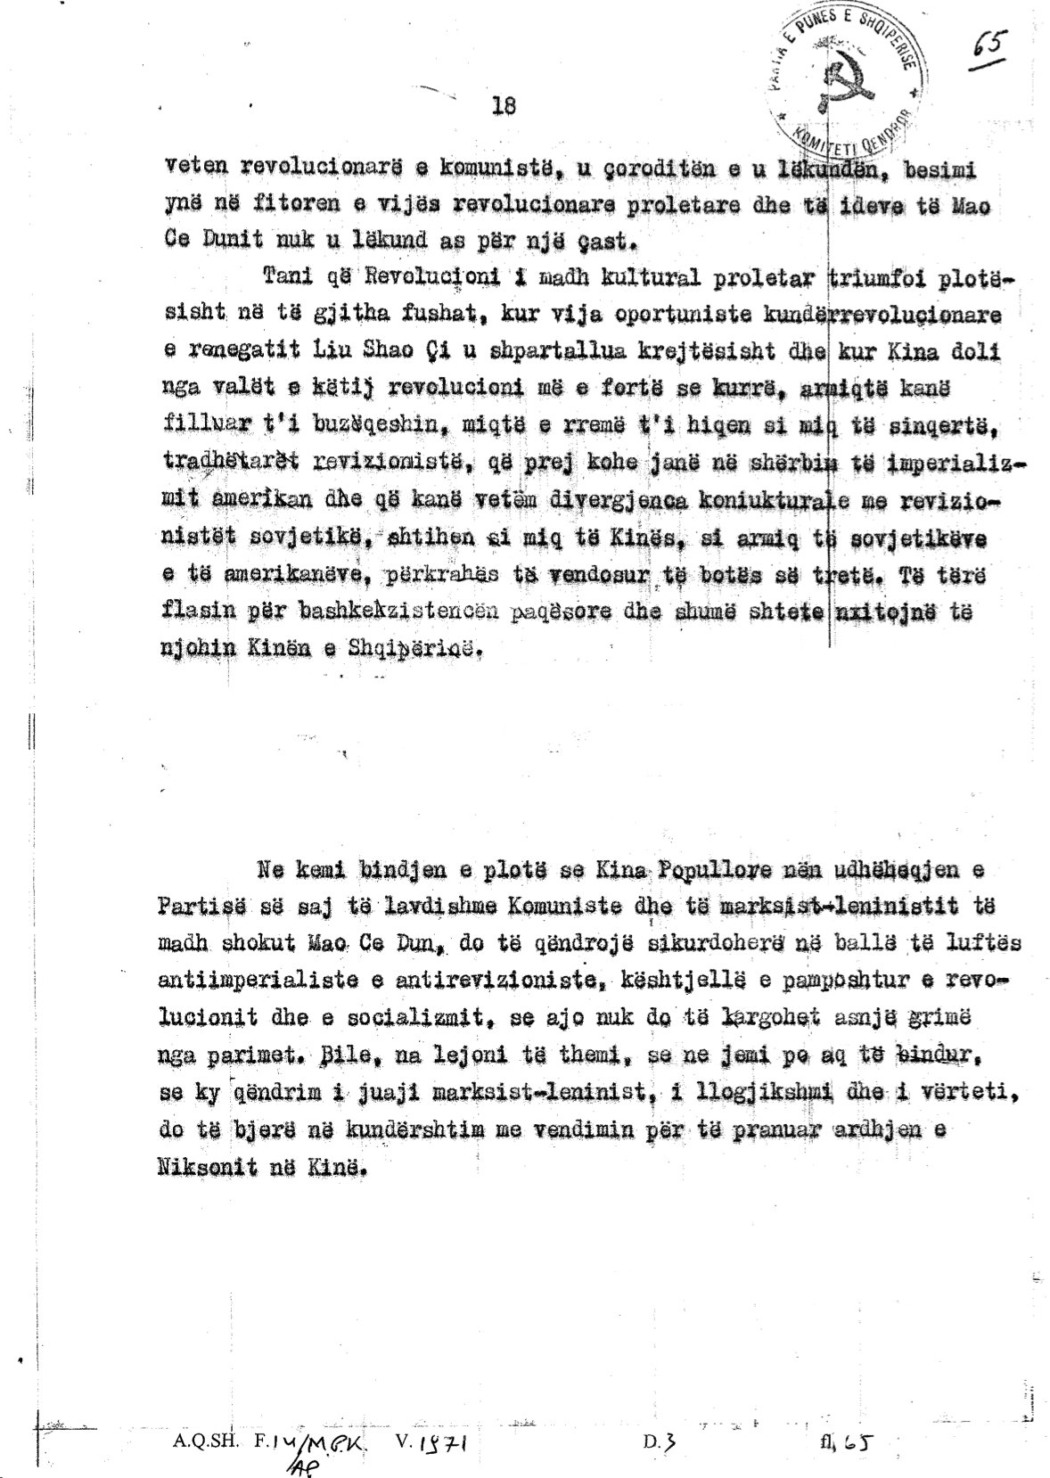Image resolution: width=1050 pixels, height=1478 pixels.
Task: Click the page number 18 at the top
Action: (x=504, y=105)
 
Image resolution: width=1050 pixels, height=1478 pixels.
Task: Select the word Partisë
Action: (x=195, y=907)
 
